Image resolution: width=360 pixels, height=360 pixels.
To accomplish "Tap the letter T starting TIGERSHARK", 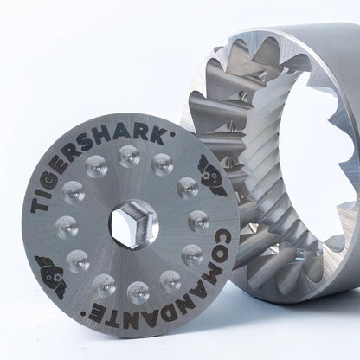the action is tap(40, 205).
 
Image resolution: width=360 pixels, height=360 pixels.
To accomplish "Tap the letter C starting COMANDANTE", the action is tap(222, 238).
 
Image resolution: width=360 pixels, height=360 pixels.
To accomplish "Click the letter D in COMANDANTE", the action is tap(162, 313).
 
